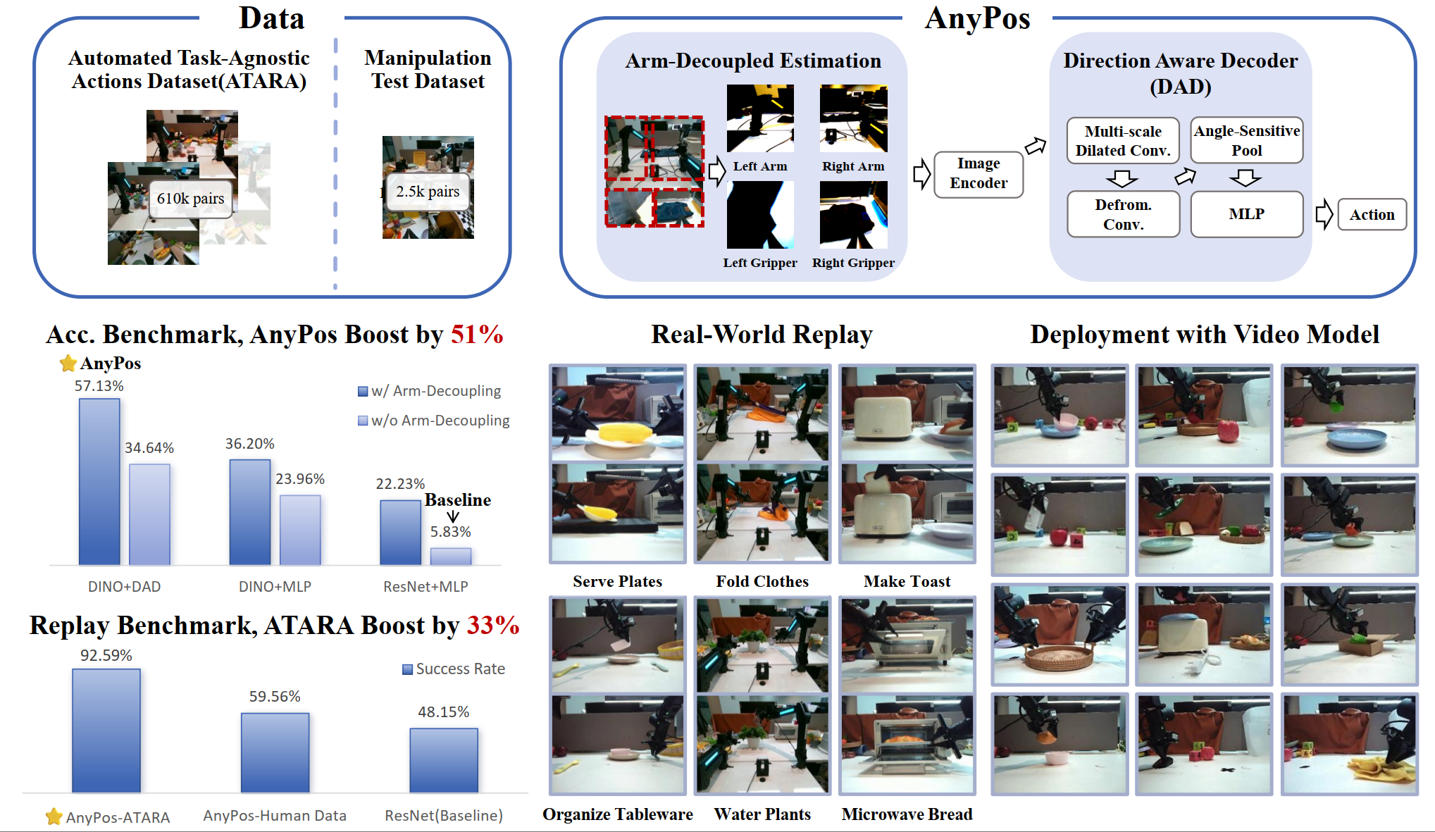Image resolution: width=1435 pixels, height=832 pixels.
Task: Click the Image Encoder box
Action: (979, 174)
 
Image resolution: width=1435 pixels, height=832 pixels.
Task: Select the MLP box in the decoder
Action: (1246, 214)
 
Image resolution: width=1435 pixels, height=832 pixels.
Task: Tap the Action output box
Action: (1372, 215)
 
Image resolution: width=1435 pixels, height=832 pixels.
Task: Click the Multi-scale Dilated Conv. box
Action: (1123, 141)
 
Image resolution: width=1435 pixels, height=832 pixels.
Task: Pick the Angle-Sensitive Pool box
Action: (1246, 141)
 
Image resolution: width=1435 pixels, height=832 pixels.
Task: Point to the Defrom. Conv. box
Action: (1123, 214)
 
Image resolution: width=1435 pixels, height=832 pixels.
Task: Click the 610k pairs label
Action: (190, 199)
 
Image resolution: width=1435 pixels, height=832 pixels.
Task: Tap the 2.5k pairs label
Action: (427, 192)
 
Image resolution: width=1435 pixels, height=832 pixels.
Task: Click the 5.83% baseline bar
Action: (451, 556)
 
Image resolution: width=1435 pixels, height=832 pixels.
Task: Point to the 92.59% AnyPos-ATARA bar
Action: (106, 731)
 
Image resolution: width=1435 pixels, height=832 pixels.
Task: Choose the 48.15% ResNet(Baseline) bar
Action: (444, 760)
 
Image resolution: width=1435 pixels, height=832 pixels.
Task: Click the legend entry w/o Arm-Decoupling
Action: (434, 421)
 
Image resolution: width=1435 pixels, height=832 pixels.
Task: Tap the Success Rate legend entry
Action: (454, 669)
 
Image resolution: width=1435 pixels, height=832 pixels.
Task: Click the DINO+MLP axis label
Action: (275, 587)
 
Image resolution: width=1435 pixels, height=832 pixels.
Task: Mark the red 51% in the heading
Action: (477, 335)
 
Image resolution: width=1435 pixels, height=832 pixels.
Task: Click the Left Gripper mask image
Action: (760, 215)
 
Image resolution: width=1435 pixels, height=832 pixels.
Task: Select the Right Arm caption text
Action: (853, 166)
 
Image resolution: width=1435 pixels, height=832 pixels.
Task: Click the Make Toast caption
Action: (907, 582)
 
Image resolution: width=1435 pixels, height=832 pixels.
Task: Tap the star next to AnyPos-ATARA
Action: (54, 817)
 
